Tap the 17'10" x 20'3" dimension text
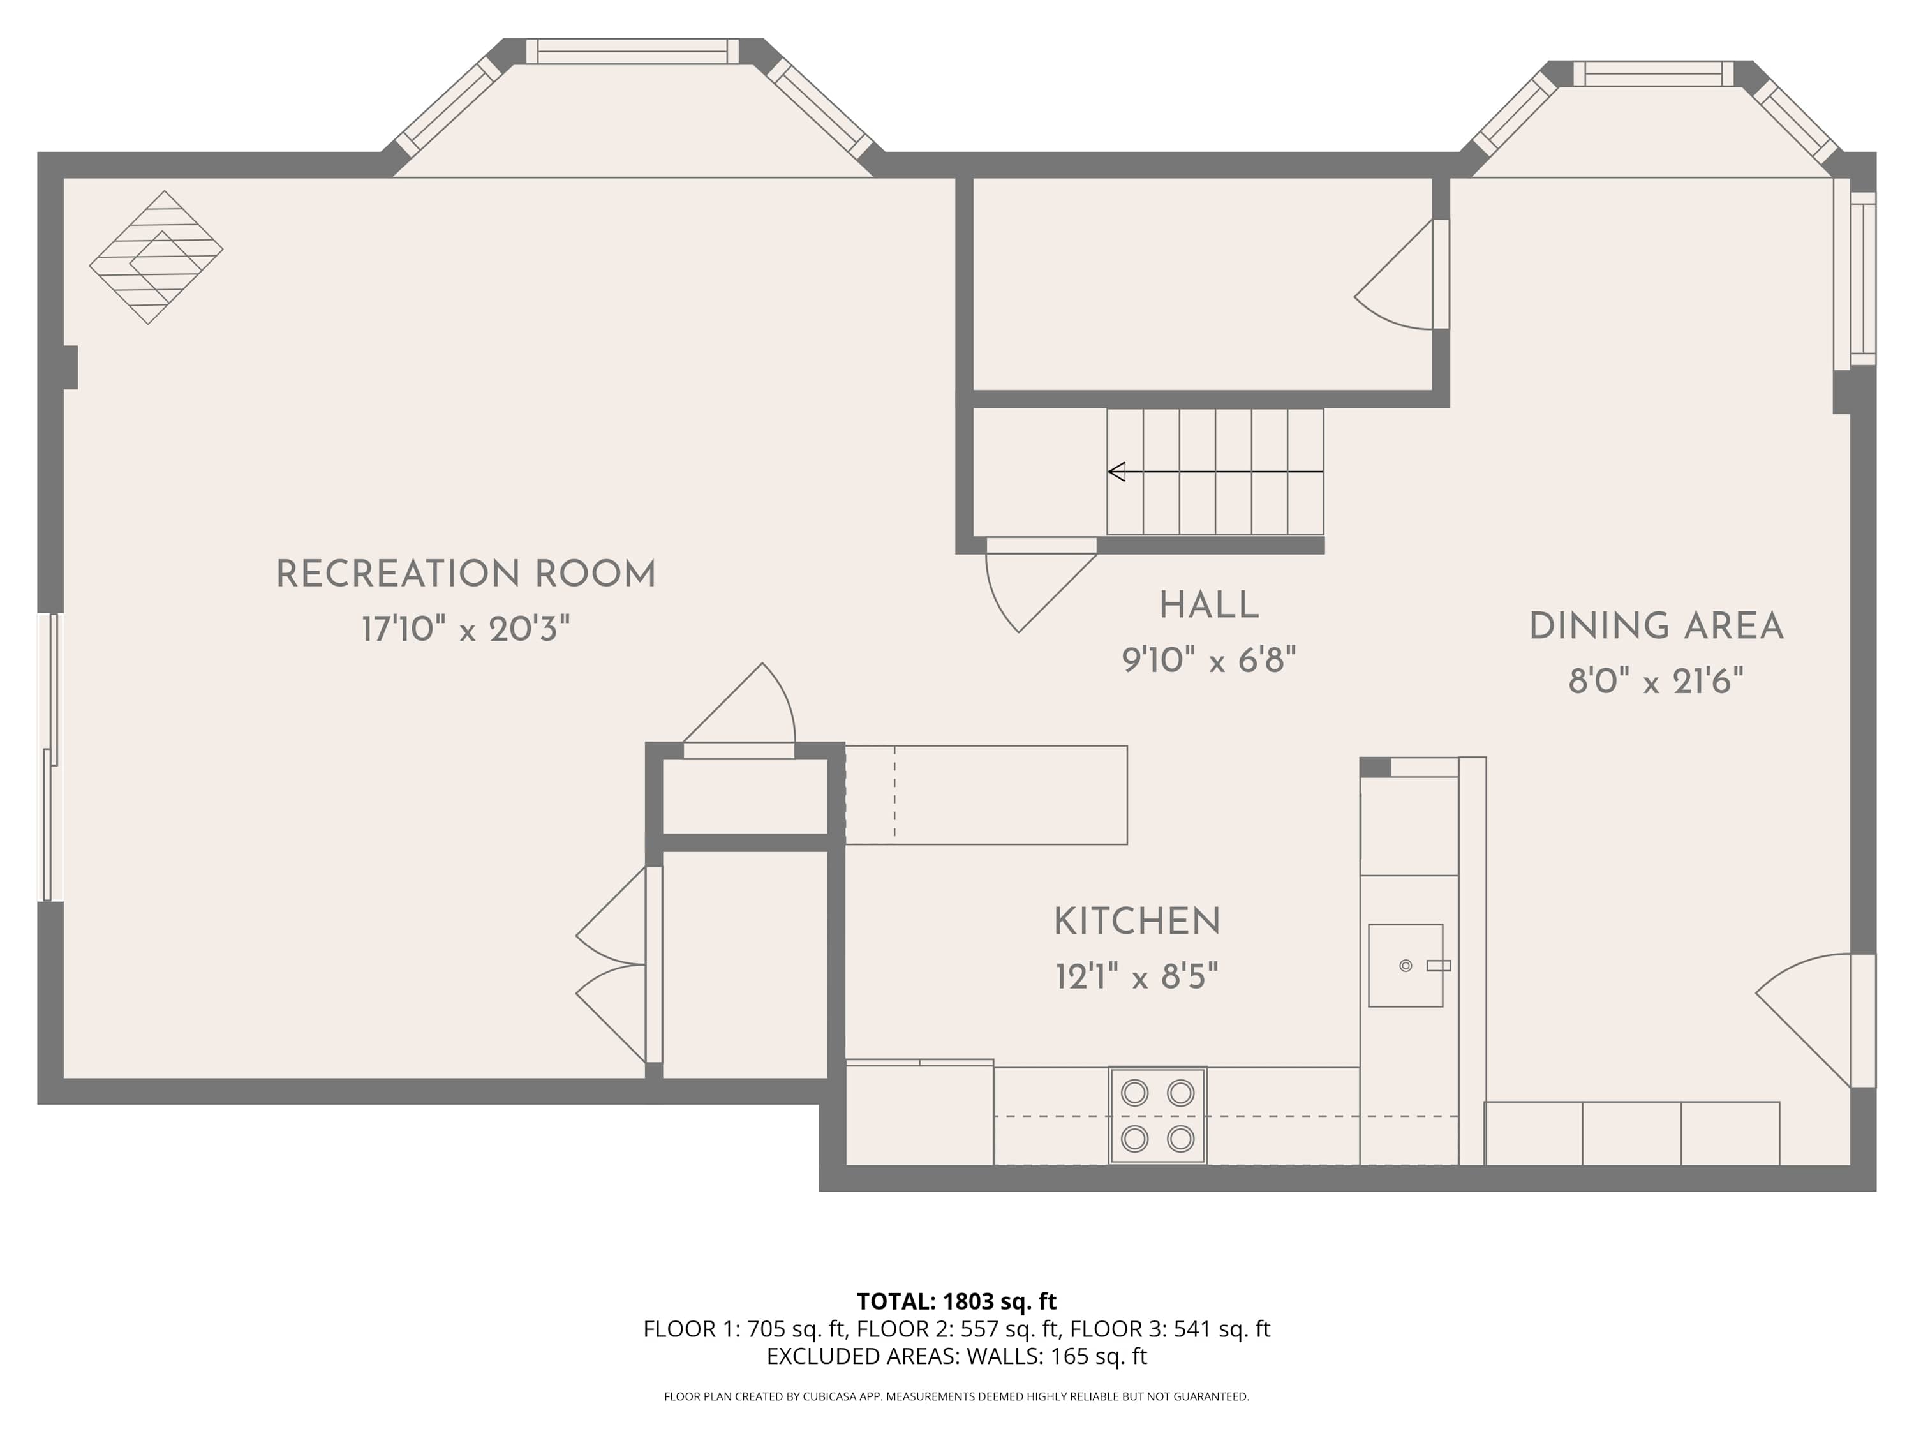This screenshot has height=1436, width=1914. click(466, 629)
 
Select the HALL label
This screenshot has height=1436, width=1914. click(1209, 606)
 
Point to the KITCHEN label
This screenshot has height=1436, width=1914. click(1137, 922)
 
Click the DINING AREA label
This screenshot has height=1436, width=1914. click(1656, 627)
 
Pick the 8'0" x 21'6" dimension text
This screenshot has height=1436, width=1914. click(1656, 681)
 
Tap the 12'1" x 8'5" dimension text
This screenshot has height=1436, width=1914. click(1137, 977)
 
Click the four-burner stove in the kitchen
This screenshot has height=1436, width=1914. click(1158, 1116)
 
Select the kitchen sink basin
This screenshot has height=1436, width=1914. click(1406, 965)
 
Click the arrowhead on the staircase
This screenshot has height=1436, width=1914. click(1117, 472)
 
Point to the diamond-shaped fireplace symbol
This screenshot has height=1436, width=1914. click(156, 258)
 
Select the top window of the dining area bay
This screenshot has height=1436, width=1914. click(1654, 73)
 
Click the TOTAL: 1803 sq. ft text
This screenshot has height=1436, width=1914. click(956, 1302)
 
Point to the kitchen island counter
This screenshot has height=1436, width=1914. click(986, 795)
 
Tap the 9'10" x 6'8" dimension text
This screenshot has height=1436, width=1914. click(1209, 661)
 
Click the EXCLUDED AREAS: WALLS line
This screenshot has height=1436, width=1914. click(956, 1356)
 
